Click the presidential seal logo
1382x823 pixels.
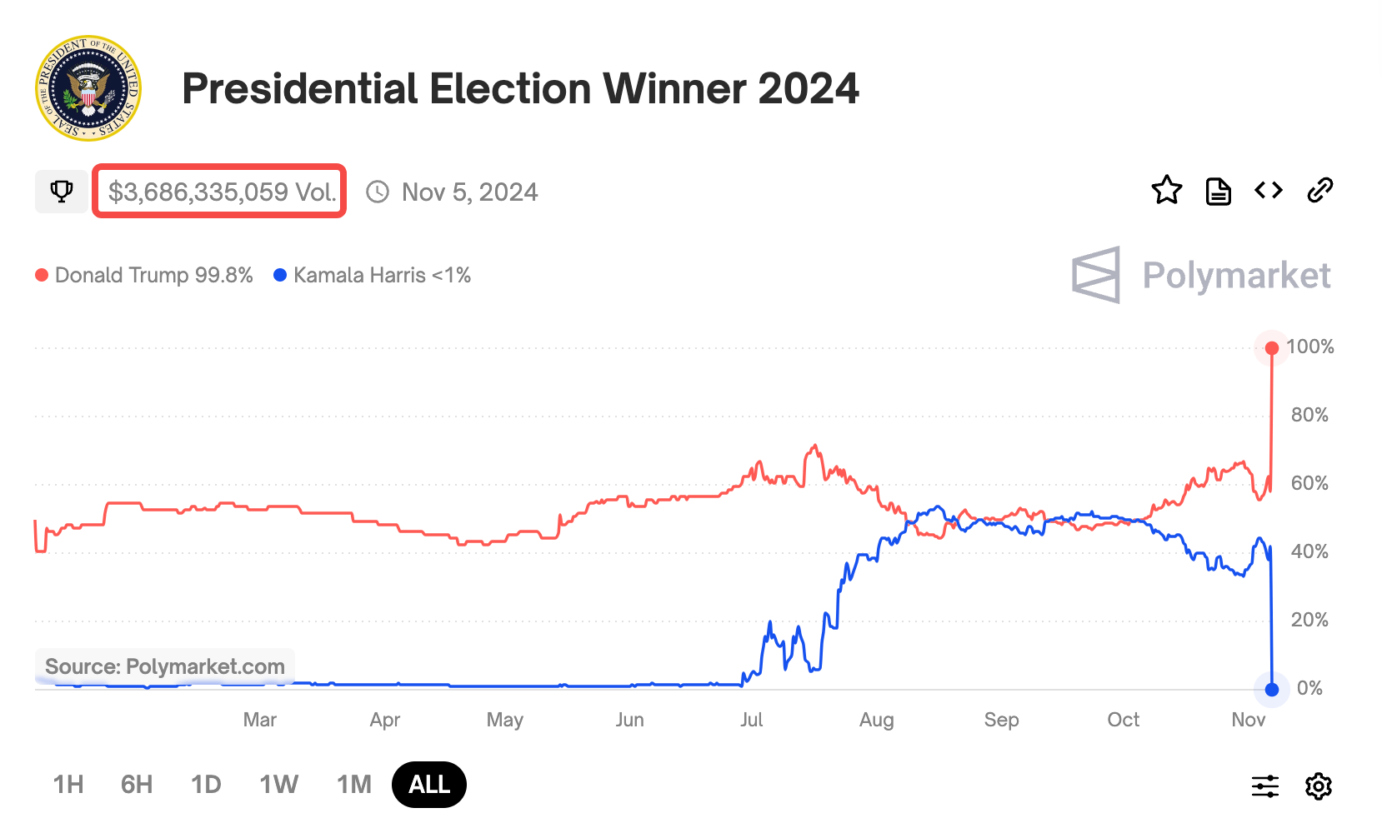pos(88,88)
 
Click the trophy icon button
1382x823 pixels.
pos(61,192)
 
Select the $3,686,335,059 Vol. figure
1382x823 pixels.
pos(222,192)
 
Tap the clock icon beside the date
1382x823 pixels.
pos(378,192)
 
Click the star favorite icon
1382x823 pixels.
pos(1166,191)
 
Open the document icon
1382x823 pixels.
pos(1218,191)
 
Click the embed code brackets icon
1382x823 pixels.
pos(1268,191)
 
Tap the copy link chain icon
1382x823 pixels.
pos(1319,191)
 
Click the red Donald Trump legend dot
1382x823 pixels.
pos(42,275)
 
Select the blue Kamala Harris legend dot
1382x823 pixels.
pos(280,275)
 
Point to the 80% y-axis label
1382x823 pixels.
pos(1309,415)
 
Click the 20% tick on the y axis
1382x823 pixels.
pos(1309,620)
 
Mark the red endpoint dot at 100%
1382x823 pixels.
pos(1271,348)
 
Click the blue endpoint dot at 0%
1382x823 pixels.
pos(1271,690)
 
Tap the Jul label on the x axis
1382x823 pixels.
pos(751,720)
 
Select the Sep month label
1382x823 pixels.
pos(1001,720)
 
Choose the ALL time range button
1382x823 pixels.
pos(428,785)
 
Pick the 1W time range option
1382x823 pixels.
pos(278,785)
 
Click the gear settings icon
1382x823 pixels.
pos(1318,786)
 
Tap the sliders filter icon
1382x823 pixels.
pos(1264,786)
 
